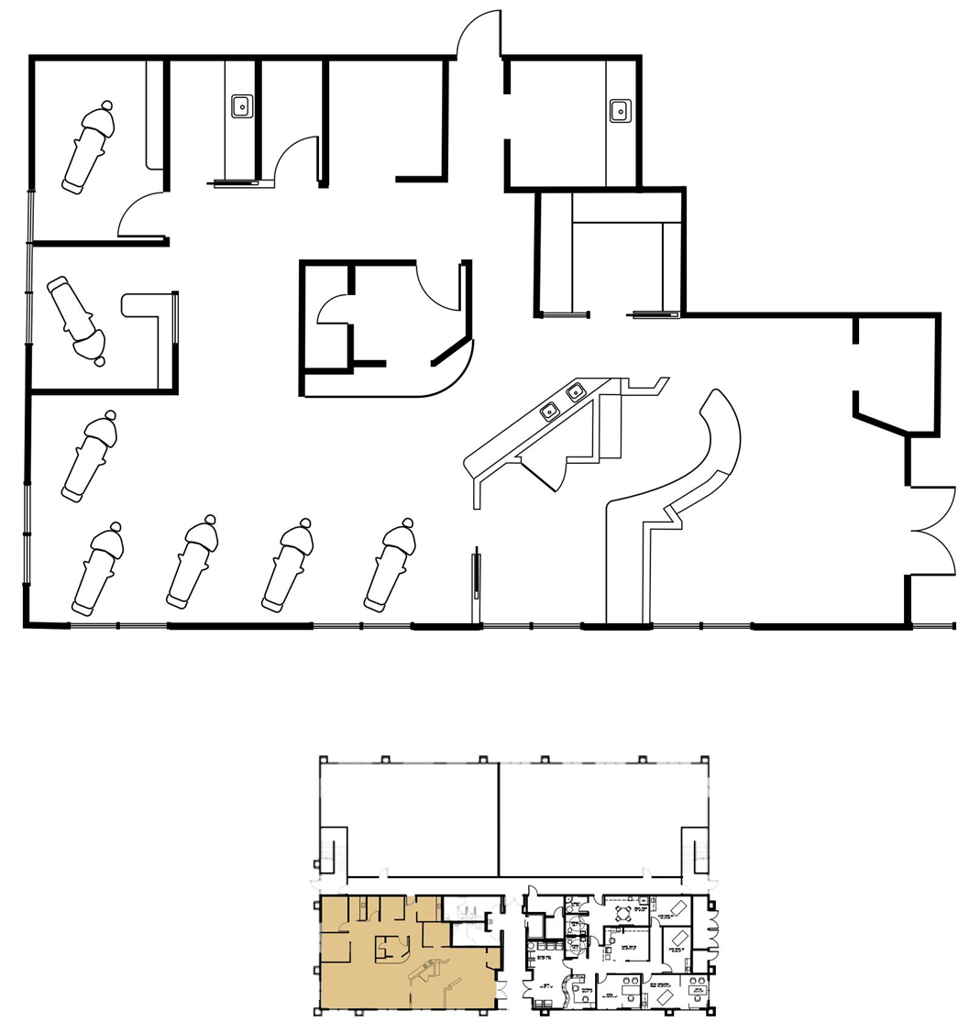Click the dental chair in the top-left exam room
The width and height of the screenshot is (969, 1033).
pyautogui.click(x=88, y=147)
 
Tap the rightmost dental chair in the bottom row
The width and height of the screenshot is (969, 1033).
pyautogui.click(x=391, y=566)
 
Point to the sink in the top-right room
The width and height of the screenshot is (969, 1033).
pyautogui.click(x=619, y=112)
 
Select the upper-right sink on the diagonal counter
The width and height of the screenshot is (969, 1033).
pyautogui.click(x=576, y=394)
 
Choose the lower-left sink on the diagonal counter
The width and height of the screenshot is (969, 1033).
pyautogui.click(x=550, y=411)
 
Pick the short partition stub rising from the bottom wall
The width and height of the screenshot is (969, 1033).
pyautogui.click(x=476, y=587)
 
